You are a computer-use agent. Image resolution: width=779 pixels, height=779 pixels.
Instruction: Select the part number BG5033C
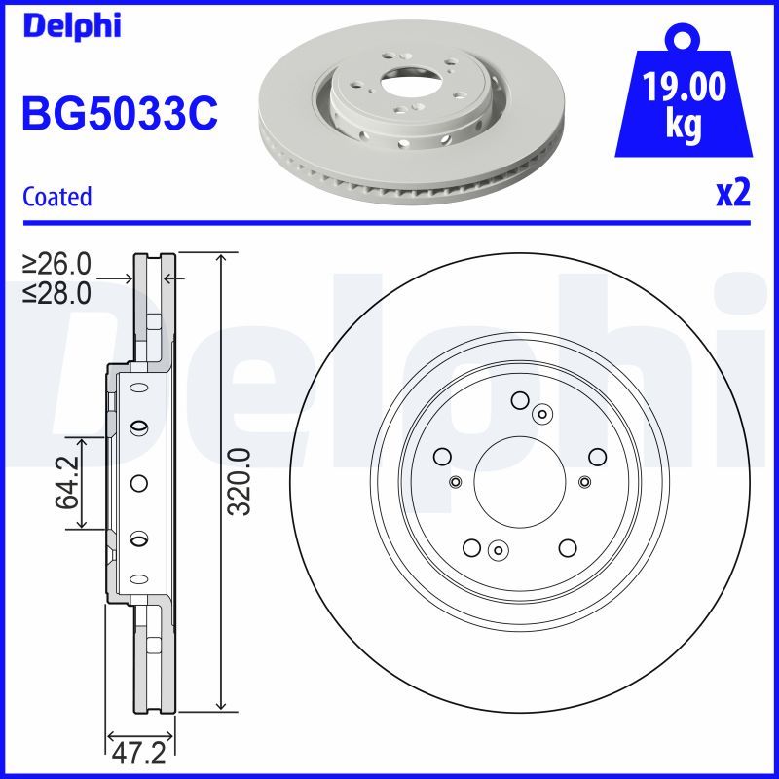(119, 116)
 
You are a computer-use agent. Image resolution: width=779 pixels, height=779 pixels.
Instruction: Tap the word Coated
(56, 197)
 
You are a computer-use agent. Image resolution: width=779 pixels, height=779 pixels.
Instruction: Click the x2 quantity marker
(733, 194)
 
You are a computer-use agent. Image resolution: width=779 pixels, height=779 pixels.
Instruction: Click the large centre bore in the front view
(520, 481)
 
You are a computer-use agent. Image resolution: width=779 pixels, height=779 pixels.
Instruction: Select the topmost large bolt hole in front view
(520, 399)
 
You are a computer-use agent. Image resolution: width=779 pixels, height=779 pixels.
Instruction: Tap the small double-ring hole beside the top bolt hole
(541, 414)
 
